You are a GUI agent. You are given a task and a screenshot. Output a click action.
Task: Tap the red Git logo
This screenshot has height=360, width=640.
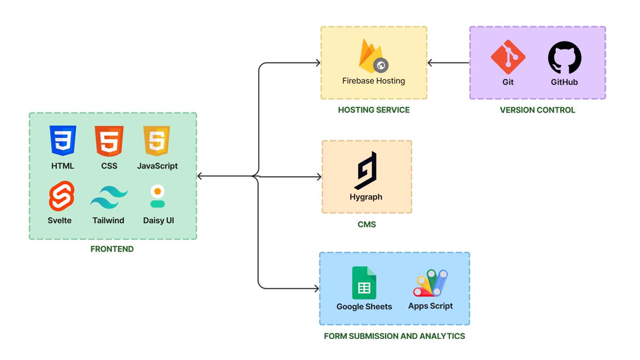point(508,57)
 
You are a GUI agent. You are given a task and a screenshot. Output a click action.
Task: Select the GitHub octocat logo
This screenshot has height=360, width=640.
point(565,57)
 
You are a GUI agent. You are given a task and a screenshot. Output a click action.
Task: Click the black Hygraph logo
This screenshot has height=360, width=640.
point(366,171)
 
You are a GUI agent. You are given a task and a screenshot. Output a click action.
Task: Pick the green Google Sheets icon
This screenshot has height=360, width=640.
point(364,283)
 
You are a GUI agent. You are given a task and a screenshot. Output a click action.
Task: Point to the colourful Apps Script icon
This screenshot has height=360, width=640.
point(431,283)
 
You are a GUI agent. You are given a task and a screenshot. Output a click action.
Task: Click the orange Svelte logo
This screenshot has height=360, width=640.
point(61,196)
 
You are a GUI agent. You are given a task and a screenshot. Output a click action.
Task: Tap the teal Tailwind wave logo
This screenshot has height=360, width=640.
point(109,198)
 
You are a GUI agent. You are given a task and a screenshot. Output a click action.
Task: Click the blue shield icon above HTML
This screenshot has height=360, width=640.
point(63,141)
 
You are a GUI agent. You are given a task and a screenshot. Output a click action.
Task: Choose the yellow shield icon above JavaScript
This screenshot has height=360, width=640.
point(157,141)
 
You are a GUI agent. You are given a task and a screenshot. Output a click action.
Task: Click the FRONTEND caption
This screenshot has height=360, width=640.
point(112,249)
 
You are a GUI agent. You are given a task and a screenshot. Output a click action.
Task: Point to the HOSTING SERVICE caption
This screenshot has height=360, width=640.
point(373,110)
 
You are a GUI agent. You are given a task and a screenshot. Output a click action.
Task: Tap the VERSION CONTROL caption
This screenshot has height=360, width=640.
point(537,110)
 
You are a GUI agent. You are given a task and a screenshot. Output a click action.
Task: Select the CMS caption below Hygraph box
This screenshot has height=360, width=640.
point(366,225)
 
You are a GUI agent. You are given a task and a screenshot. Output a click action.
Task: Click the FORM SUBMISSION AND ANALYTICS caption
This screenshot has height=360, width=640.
point(394,336)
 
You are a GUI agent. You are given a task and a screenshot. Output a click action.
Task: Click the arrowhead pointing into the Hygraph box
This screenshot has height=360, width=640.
point(319,177)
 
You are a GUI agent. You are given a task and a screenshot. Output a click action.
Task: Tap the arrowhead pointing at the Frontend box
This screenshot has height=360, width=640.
point(200,176)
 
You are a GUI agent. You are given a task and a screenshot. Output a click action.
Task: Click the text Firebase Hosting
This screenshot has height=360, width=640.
point(373,81)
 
